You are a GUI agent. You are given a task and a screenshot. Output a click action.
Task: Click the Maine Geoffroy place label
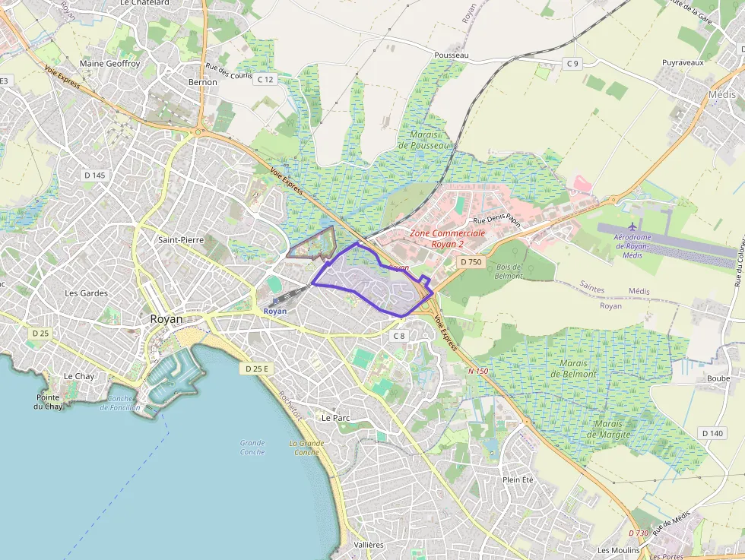point(109,64)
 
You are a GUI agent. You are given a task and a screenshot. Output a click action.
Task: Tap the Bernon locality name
point(202,82)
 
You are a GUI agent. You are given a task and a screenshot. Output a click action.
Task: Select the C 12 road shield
point(265,79)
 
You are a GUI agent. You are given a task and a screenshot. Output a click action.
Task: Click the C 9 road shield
point(572,64)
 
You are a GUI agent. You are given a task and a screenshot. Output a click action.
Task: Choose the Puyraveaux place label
point(683,62)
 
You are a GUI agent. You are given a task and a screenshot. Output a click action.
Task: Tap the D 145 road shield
point(94,176)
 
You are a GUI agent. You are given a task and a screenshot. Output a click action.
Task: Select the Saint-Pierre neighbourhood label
point(180,240)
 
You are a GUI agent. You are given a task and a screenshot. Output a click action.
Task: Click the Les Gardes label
point(86,293)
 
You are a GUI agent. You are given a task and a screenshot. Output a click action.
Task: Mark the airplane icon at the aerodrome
point(633,226)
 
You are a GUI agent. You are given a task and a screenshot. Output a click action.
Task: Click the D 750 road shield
point(471,261)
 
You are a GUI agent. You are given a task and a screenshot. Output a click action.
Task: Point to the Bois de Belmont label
point(507,271)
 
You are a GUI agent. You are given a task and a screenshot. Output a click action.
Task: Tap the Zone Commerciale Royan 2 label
point(447,239)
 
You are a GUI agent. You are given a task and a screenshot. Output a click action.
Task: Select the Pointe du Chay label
point(49,402)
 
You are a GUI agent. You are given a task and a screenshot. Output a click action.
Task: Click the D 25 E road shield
point(258,369)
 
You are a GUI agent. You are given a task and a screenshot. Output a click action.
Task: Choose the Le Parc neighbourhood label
point(335,418)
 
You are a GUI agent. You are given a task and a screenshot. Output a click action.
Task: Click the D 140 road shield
point(713,433)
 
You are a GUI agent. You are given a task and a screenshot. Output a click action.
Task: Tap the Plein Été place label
point(518,479)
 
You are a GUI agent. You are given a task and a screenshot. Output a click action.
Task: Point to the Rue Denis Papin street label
point(496,220)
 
